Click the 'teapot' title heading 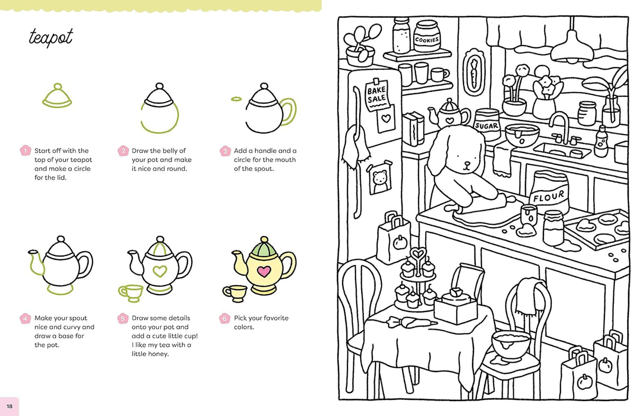(x=51, y=38)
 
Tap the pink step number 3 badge (x=225, y=151)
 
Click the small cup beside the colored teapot (x=235, y=291)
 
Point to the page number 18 (x=10, y=406)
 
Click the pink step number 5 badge (x=122, y=318)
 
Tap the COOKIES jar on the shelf (x=427, y=37)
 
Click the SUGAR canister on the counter (x=487, y=125)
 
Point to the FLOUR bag (x=549, y=195)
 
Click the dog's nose (x=466, y=163)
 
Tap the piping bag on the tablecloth (x=411, y=321)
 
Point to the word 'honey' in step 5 (x=158, y=354)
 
